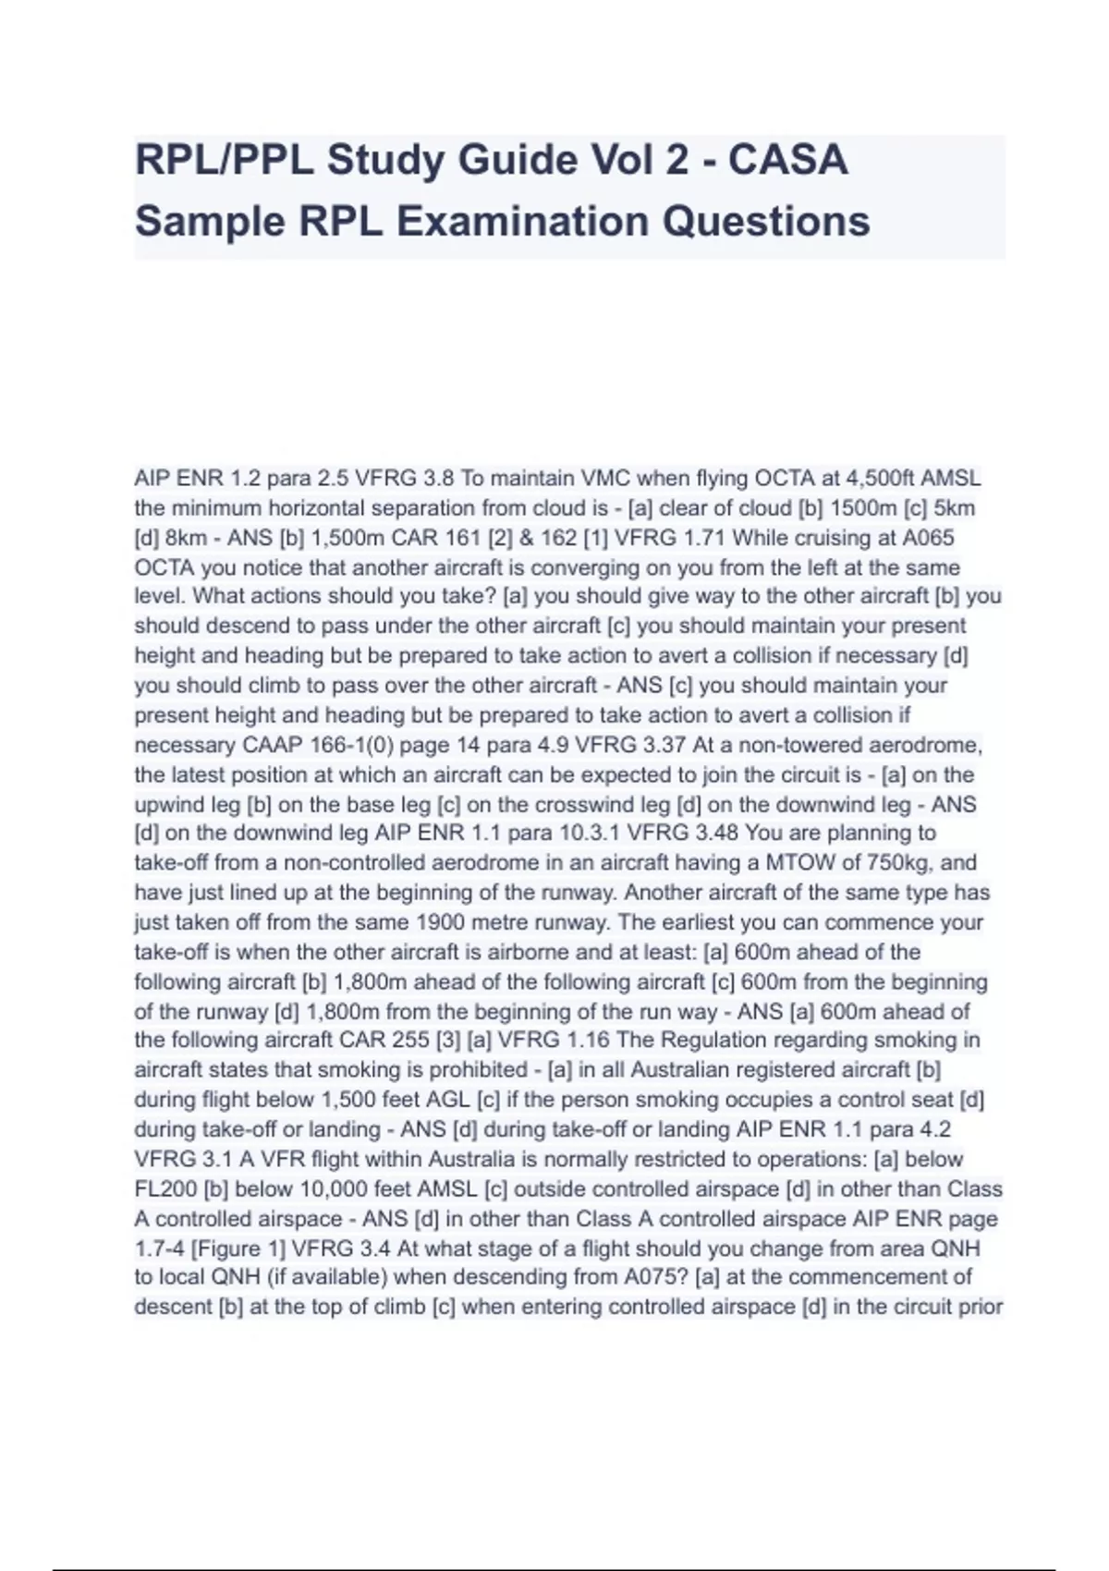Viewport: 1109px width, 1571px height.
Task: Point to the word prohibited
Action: [471, 1070]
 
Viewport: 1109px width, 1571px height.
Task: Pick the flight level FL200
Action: [165, 1189]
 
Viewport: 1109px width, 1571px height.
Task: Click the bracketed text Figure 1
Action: [238, 1248]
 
